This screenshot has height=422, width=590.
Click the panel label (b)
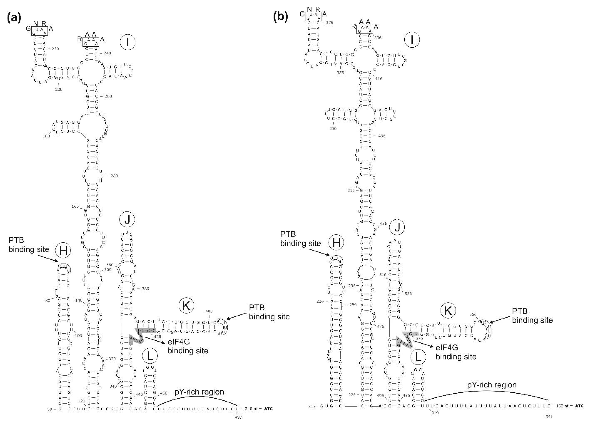point(281,17)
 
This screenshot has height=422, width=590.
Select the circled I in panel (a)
point(128,42)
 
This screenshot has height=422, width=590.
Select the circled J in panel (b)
point(397,227)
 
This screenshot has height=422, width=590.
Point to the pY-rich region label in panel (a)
point(199,392)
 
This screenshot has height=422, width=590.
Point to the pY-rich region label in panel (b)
point(492,385)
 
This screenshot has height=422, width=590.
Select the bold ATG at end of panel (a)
point(268,409)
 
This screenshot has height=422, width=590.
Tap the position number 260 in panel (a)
point(108,96)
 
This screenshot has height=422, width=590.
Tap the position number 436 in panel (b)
point(382,136)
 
